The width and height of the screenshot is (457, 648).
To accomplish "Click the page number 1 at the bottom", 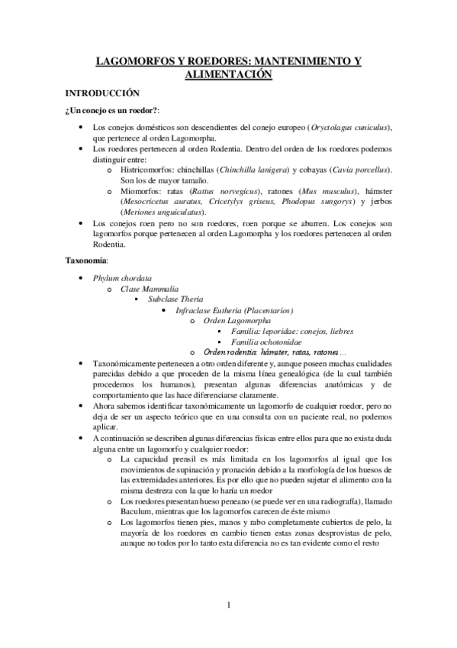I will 229,607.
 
